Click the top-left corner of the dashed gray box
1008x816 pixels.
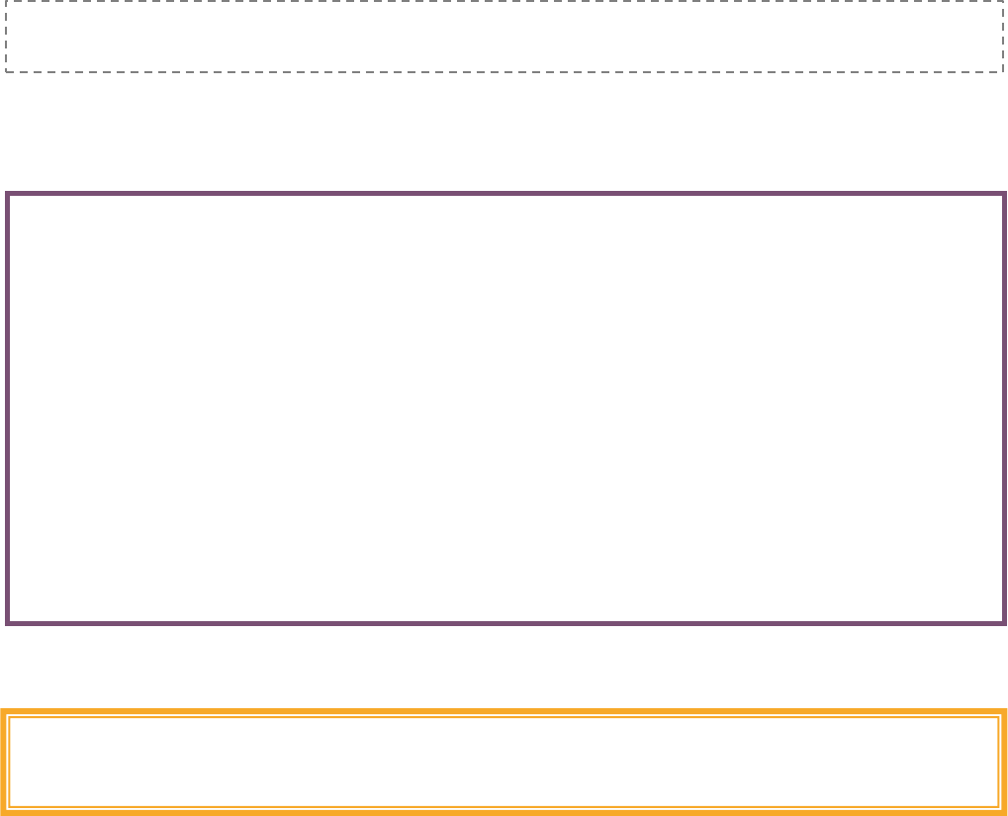coord(6,2)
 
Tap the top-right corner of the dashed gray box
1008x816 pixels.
coord(1003,2)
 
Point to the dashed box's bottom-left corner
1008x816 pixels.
coord(6,71)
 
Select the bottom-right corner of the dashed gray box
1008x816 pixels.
coord(1003,71)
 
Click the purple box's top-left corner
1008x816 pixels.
coord(8,194)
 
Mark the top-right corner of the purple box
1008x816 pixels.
coord(1004,194)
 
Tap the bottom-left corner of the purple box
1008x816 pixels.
coord(8,622)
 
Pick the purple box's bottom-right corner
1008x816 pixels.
coord(1004,622)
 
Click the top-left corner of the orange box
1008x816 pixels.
coord(4,712)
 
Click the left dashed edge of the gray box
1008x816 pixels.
coord(6,37)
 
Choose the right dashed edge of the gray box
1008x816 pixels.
coord(1003,37)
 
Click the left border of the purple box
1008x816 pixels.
coord(8,408)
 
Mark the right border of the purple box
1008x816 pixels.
coord(1004,408)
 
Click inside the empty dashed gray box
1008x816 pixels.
coord(504,37)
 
